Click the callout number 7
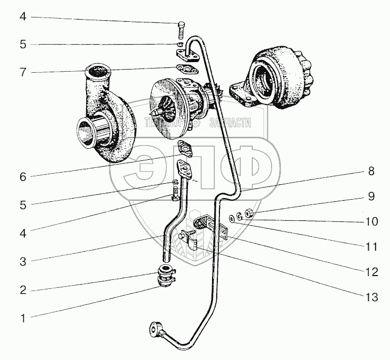click(22, 72)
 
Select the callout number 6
click(22, 177)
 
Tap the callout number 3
click(22, 261)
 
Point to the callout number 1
click(22, 319)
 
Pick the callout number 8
click(371, 172)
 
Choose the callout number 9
click(371, 196)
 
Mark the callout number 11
click(371, 247)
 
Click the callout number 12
click(371, 272)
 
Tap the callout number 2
click(22, 290)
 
